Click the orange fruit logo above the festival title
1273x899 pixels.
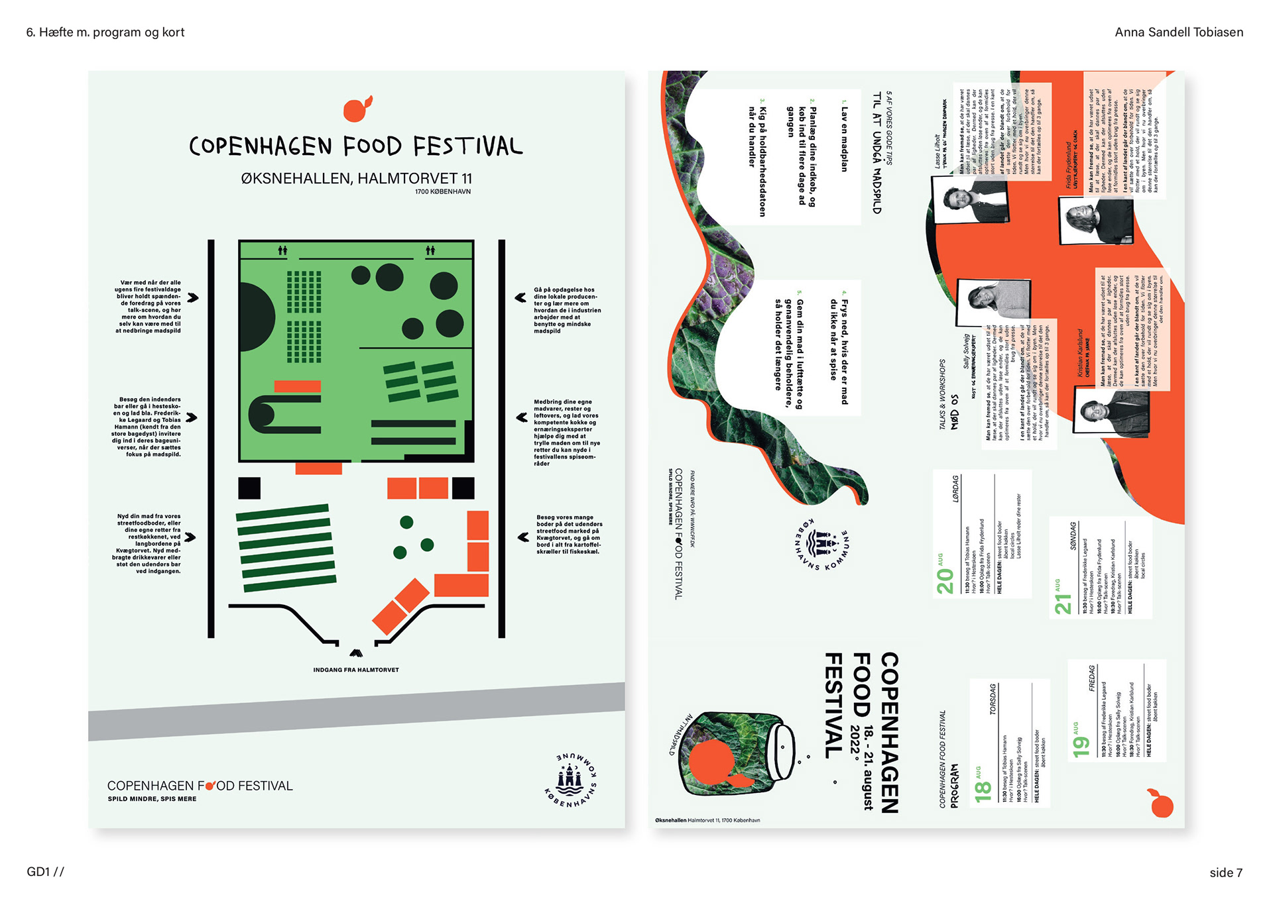357,109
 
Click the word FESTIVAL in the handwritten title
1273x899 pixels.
467,146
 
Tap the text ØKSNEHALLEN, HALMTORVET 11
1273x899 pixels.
357,178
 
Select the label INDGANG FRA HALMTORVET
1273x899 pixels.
356,670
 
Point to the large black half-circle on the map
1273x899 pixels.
255,316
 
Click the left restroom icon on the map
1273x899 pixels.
283,250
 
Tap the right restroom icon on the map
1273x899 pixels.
430,250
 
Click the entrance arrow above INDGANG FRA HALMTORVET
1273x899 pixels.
356,653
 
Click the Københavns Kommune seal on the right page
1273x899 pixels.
822,545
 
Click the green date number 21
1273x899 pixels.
1063,604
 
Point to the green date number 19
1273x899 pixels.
1081,746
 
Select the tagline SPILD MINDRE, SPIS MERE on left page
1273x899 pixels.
152,799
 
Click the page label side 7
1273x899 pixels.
1225,873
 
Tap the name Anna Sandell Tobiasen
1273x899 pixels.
1178,32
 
